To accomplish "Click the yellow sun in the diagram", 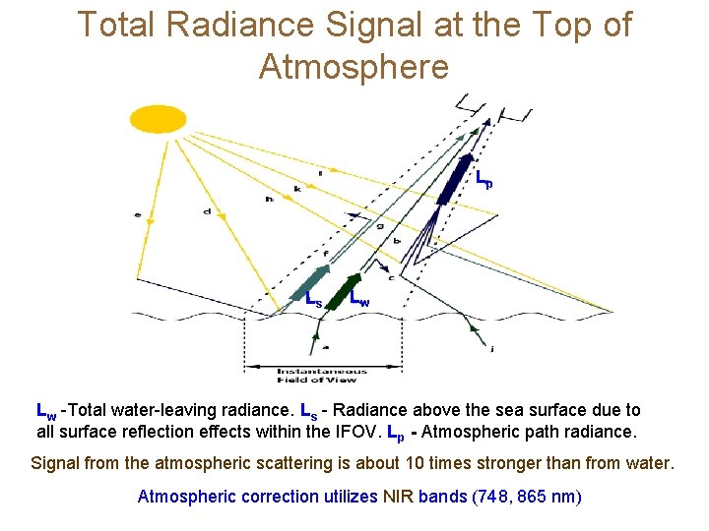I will pos(158,119).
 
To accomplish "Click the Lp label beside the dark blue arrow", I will pos(483,181).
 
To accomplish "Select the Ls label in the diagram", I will pos(312,299).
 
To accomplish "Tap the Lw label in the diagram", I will pos(359,299).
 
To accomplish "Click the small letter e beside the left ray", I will pos(137,213).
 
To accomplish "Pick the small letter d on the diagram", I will pos(207,209).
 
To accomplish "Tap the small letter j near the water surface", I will pos(492,347).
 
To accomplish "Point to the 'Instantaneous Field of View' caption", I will pos(322,375).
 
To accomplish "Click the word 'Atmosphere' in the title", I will pos(354,67).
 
